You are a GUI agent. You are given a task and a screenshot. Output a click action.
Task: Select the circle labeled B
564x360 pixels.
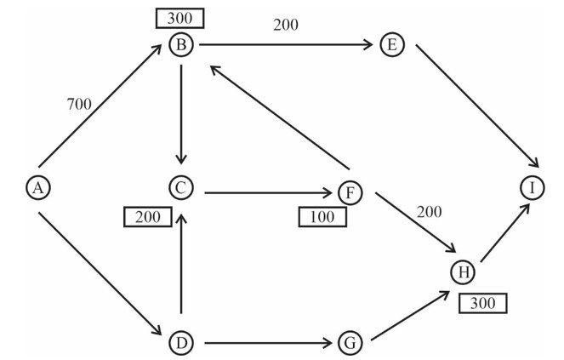(181, 44)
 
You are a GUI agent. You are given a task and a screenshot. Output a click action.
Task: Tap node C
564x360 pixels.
(181, 187)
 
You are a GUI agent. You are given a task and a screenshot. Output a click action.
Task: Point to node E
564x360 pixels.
(391, 44)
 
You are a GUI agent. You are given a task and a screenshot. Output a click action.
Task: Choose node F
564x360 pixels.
(350, 193)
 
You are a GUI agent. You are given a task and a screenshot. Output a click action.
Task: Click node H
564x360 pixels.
(464, 271)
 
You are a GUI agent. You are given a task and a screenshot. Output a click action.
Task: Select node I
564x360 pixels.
(531, 187)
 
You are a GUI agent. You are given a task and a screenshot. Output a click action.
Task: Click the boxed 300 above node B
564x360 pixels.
(180, 18)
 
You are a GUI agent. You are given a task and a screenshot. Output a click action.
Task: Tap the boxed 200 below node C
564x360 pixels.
(148, 217)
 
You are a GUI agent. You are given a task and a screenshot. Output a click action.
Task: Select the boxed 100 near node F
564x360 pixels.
(322, 217)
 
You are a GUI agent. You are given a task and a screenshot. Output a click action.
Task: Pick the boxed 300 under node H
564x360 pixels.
(482, 302)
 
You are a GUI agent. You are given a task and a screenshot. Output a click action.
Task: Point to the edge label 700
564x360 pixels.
(79, 105)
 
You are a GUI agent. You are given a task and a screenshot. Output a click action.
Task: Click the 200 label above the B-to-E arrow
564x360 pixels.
(286, 25)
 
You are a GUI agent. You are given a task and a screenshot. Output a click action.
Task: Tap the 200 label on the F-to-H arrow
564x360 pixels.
(430, 211)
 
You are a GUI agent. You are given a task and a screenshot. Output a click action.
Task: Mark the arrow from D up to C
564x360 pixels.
(181, 264)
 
